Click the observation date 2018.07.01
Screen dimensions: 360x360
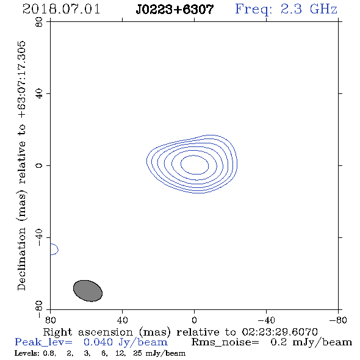61,9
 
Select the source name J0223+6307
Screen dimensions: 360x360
175,9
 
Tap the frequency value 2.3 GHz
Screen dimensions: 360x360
309,9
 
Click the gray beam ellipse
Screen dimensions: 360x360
88,290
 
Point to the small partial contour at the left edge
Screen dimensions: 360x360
58,250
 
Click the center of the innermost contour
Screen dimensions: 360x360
195,165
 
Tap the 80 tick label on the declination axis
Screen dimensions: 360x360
39,22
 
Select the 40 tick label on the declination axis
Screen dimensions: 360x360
39,94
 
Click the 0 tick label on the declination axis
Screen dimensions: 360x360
39,165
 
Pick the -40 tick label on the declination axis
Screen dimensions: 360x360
39,237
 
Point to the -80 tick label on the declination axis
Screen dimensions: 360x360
39,309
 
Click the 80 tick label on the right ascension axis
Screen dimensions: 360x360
50,320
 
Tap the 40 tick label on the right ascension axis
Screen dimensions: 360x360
122,320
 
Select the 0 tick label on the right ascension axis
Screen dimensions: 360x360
194,320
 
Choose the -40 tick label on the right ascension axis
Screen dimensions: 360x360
266,320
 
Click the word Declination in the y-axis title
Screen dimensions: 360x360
21,259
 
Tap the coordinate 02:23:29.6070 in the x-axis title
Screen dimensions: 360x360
280,332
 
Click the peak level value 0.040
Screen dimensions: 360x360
98,342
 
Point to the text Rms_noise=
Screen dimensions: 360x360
225,342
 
